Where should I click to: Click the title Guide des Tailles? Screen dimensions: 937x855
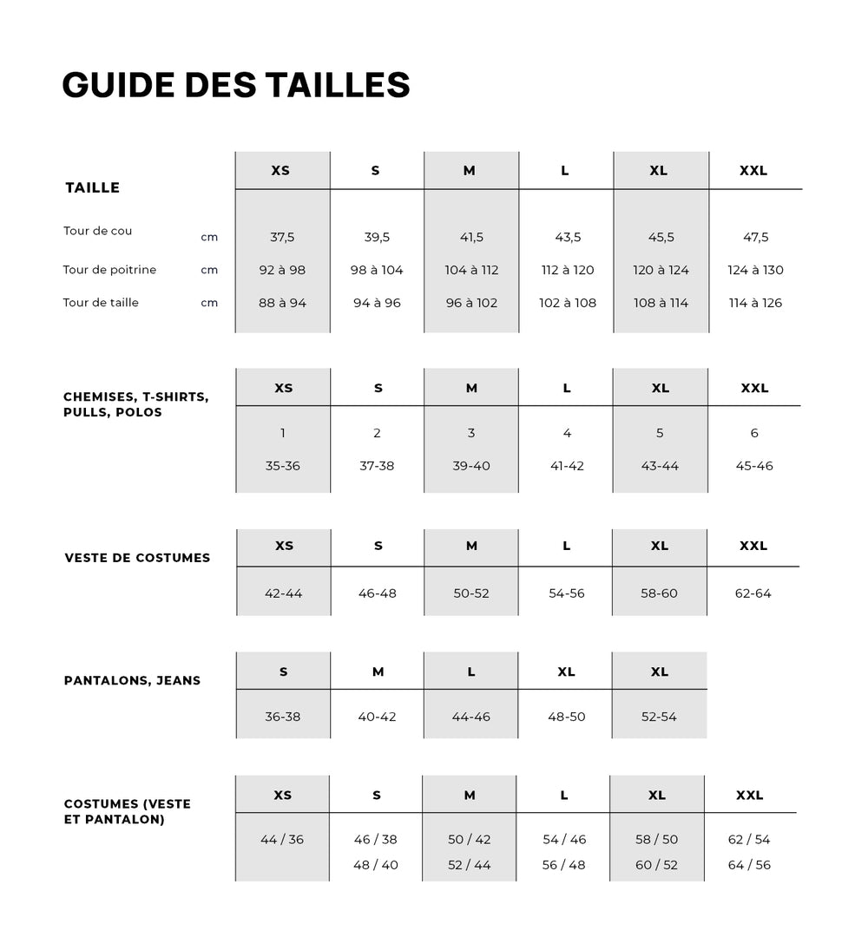[236, 85]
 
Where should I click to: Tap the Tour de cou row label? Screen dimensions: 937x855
[98, 231]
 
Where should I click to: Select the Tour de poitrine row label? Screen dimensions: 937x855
[109, 270]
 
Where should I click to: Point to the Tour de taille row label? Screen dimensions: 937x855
[101, 303]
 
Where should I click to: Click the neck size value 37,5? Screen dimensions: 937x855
[282, 237]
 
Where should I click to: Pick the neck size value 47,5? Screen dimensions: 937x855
[755, 237]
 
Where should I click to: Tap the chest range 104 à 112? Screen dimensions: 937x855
[471, 270]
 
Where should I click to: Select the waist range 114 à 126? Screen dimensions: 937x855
[755, 303]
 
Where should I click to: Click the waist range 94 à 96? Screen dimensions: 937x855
[377, 303]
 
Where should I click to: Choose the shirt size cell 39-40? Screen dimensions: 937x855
[471, 466]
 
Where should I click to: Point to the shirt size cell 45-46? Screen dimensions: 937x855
[753, 466]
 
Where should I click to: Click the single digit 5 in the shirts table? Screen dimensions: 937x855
[660, 433]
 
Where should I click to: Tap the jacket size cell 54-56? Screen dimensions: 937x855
[567, 593]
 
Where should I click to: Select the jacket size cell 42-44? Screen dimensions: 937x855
[283, 593]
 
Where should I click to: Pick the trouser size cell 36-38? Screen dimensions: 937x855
[283, 717]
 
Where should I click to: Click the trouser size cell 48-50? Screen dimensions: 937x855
[567, 717]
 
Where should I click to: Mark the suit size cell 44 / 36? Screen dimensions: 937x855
[282, 839]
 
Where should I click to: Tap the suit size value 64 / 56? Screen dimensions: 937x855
[749, 865]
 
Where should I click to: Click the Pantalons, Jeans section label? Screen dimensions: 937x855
[132, 680]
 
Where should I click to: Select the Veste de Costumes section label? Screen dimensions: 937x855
[137, 558]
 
